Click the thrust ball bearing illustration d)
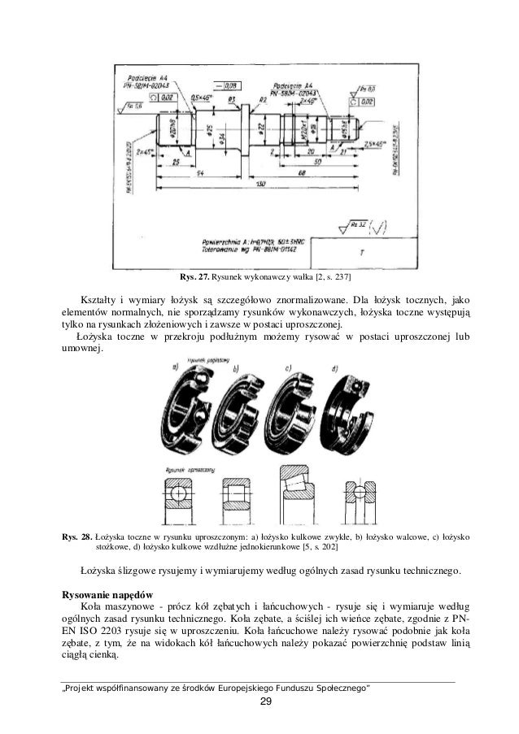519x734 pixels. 352,406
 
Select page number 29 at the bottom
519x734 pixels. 259,703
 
